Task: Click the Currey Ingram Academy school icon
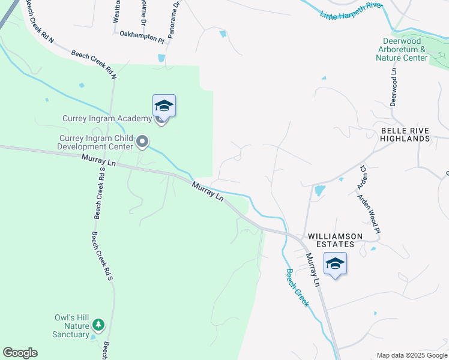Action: [164, 107]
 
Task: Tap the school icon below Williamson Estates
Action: [335, 263]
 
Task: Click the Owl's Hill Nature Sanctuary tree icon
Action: [98, 326]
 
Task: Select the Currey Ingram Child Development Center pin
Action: [142, 142]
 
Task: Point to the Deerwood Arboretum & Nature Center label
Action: [402, 49]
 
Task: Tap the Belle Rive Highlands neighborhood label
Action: [405, 134]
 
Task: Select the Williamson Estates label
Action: [335, 236]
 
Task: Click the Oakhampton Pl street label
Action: [142, 37]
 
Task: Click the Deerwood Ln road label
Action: [394, 86]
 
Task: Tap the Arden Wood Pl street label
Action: [369, 214]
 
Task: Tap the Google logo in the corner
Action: [20, 353]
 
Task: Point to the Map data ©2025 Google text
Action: [411, 355]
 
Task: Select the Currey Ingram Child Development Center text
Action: [95, 142]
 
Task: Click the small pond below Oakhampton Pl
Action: [161, 58]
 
